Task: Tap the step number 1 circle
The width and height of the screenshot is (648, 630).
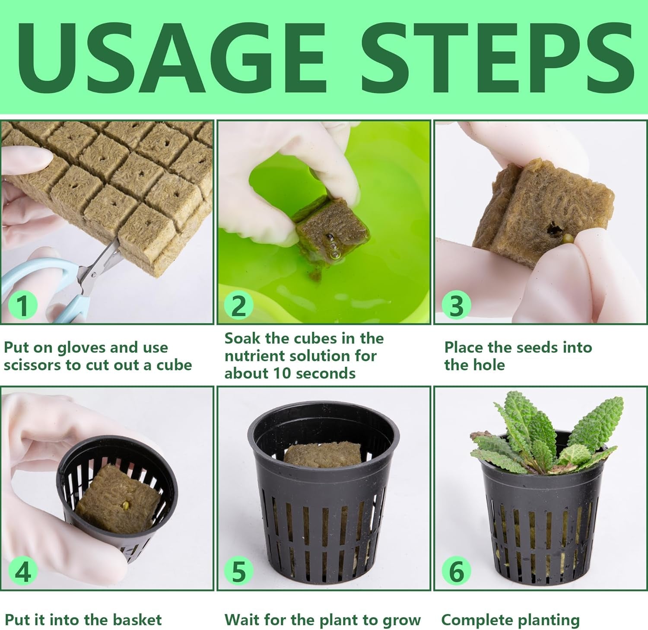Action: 23,305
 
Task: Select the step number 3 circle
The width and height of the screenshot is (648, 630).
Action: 456,305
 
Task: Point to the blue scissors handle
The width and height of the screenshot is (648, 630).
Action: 39,277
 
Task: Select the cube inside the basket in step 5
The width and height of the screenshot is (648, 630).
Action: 323,456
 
